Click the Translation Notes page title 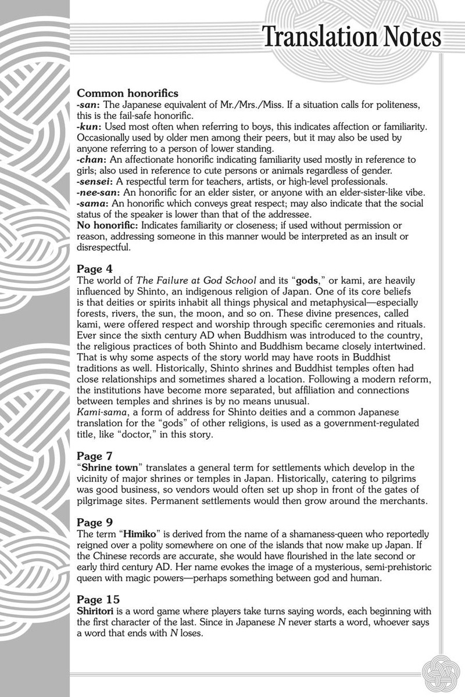[x=352, y=38]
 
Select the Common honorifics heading [x=127, y=93]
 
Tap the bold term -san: [x=89, y=103]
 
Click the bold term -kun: [x=90, y=126]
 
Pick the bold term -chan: [x=94, y=159]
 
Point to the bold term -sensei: [x=96, y=181]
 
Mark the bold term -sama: [x=93, y=203]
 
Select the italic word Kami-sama [x=101, y=413]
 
